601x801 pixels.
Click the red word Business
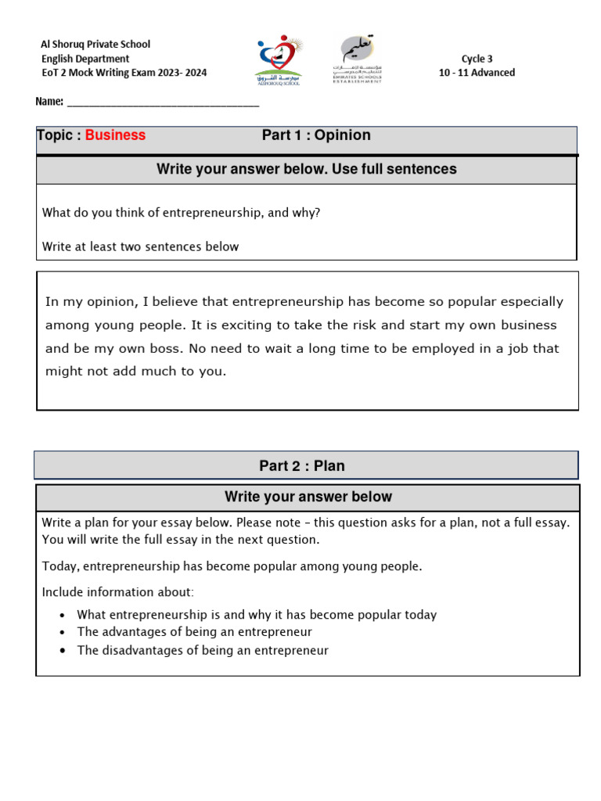[115, 135]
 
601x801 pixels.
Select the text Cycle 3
[477, 59]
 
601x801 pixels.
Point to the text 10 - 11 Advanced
[477, 73]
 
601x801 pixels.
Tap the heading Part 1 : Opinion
[316, 135]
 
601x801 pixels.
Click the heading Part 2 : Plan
[302, 466]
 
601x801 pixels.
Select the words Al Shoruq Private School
[95, 45]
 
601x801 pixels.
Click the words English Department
[85, 59]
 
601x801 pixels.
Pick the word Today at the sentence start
[59, 566]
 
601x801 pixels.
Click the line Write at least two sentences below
[140, 246]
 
